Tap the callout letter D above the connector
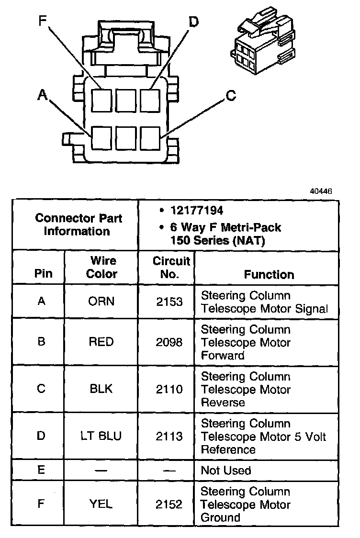(x=193, y=22)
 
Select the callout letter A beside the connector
(x=43, y=96)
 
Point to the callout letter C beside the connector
(x=231, y=96)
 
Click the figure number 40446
(x=321, y=191)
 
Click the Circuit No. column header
(x=171, y=268)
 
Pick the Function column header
(x=269, y=274)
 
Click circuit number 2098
(x=169, y=342)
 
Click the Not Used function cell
(x=225, y=471)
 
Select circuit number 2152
(x=169, y=504)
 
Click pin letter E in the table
(x=41, y=470)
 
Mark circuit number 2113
(x=169, y=436)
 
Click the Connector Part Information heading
(x=79, y=224)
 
